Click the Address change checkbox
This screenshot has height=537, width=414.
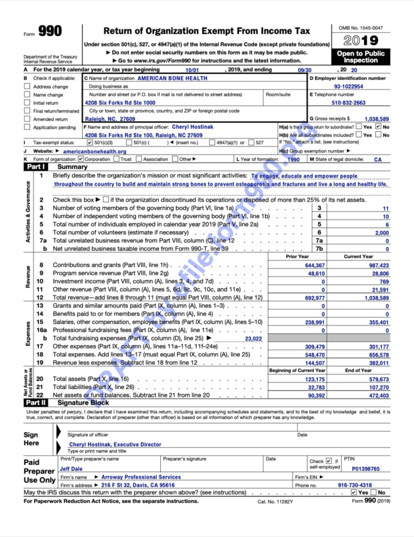click(x=28, y=86)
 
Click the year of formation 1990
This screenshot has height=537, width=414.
click(x=293, y=159)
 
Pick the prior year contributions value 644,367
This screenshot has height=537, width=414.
click(x=314, y=265)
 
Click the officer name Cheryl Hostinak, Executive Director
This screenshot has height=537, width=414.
click(x=115, y=444)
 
